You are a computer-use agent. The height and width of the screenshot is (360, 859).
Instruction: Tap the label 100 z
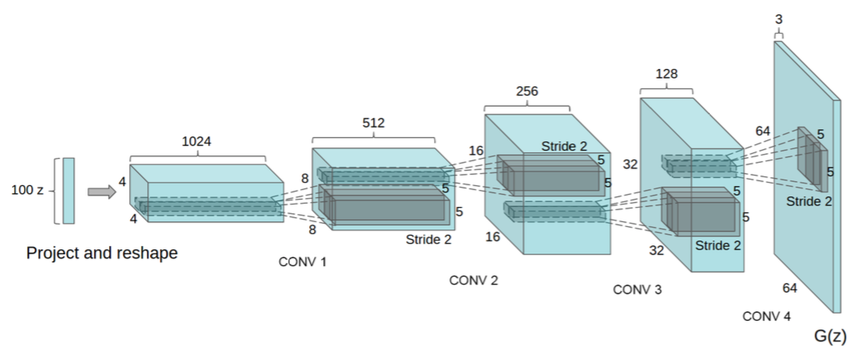(28, 192)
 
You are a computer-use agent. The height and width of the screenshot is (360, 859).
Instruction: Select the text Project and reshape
(102, 253)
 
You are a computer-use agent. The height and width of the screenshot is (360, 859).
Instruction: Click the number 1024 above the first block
(197, 141)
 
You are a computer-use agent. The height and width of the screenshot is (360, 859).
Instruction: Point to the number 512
(374, 123)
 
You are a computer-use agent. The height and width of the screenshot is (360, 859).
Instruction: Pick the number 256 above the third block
(527, 91)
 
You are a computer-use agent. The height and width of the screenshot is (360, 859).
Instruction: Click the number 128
(667, 74)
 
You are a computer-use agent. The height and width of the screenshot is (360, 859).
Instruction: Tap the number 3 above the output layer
(779, 18)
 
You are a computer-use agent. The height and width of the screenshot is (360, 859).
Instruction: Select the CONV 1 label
(302, 262)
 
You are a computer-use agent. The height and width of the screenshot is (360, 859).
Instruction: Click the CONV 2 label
(473, 280)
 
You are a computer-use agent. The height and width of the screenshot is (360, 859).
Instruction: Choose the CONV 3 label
(638, 289)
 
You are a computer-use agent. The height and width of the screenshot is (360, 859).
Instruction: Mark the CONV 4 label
(766, 316)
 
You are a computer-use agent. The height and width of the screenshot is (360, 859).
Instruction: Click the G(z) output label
(830, 336)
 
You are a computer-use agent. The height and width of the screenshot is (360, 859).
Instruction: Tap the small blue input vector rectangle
(68, 191)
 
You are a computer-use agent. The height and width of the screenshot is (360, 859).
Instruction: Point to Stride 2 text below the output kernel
(808, 201)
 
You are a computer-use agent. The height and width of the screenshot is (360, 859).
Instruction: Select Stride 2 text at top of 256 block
(565, 146)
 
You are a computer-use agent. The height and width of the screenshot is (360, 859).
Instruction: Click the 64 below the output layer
(789, 287)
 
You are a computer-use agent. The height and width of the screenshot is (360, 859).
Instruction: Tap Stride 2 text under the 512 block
(429, 238)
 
